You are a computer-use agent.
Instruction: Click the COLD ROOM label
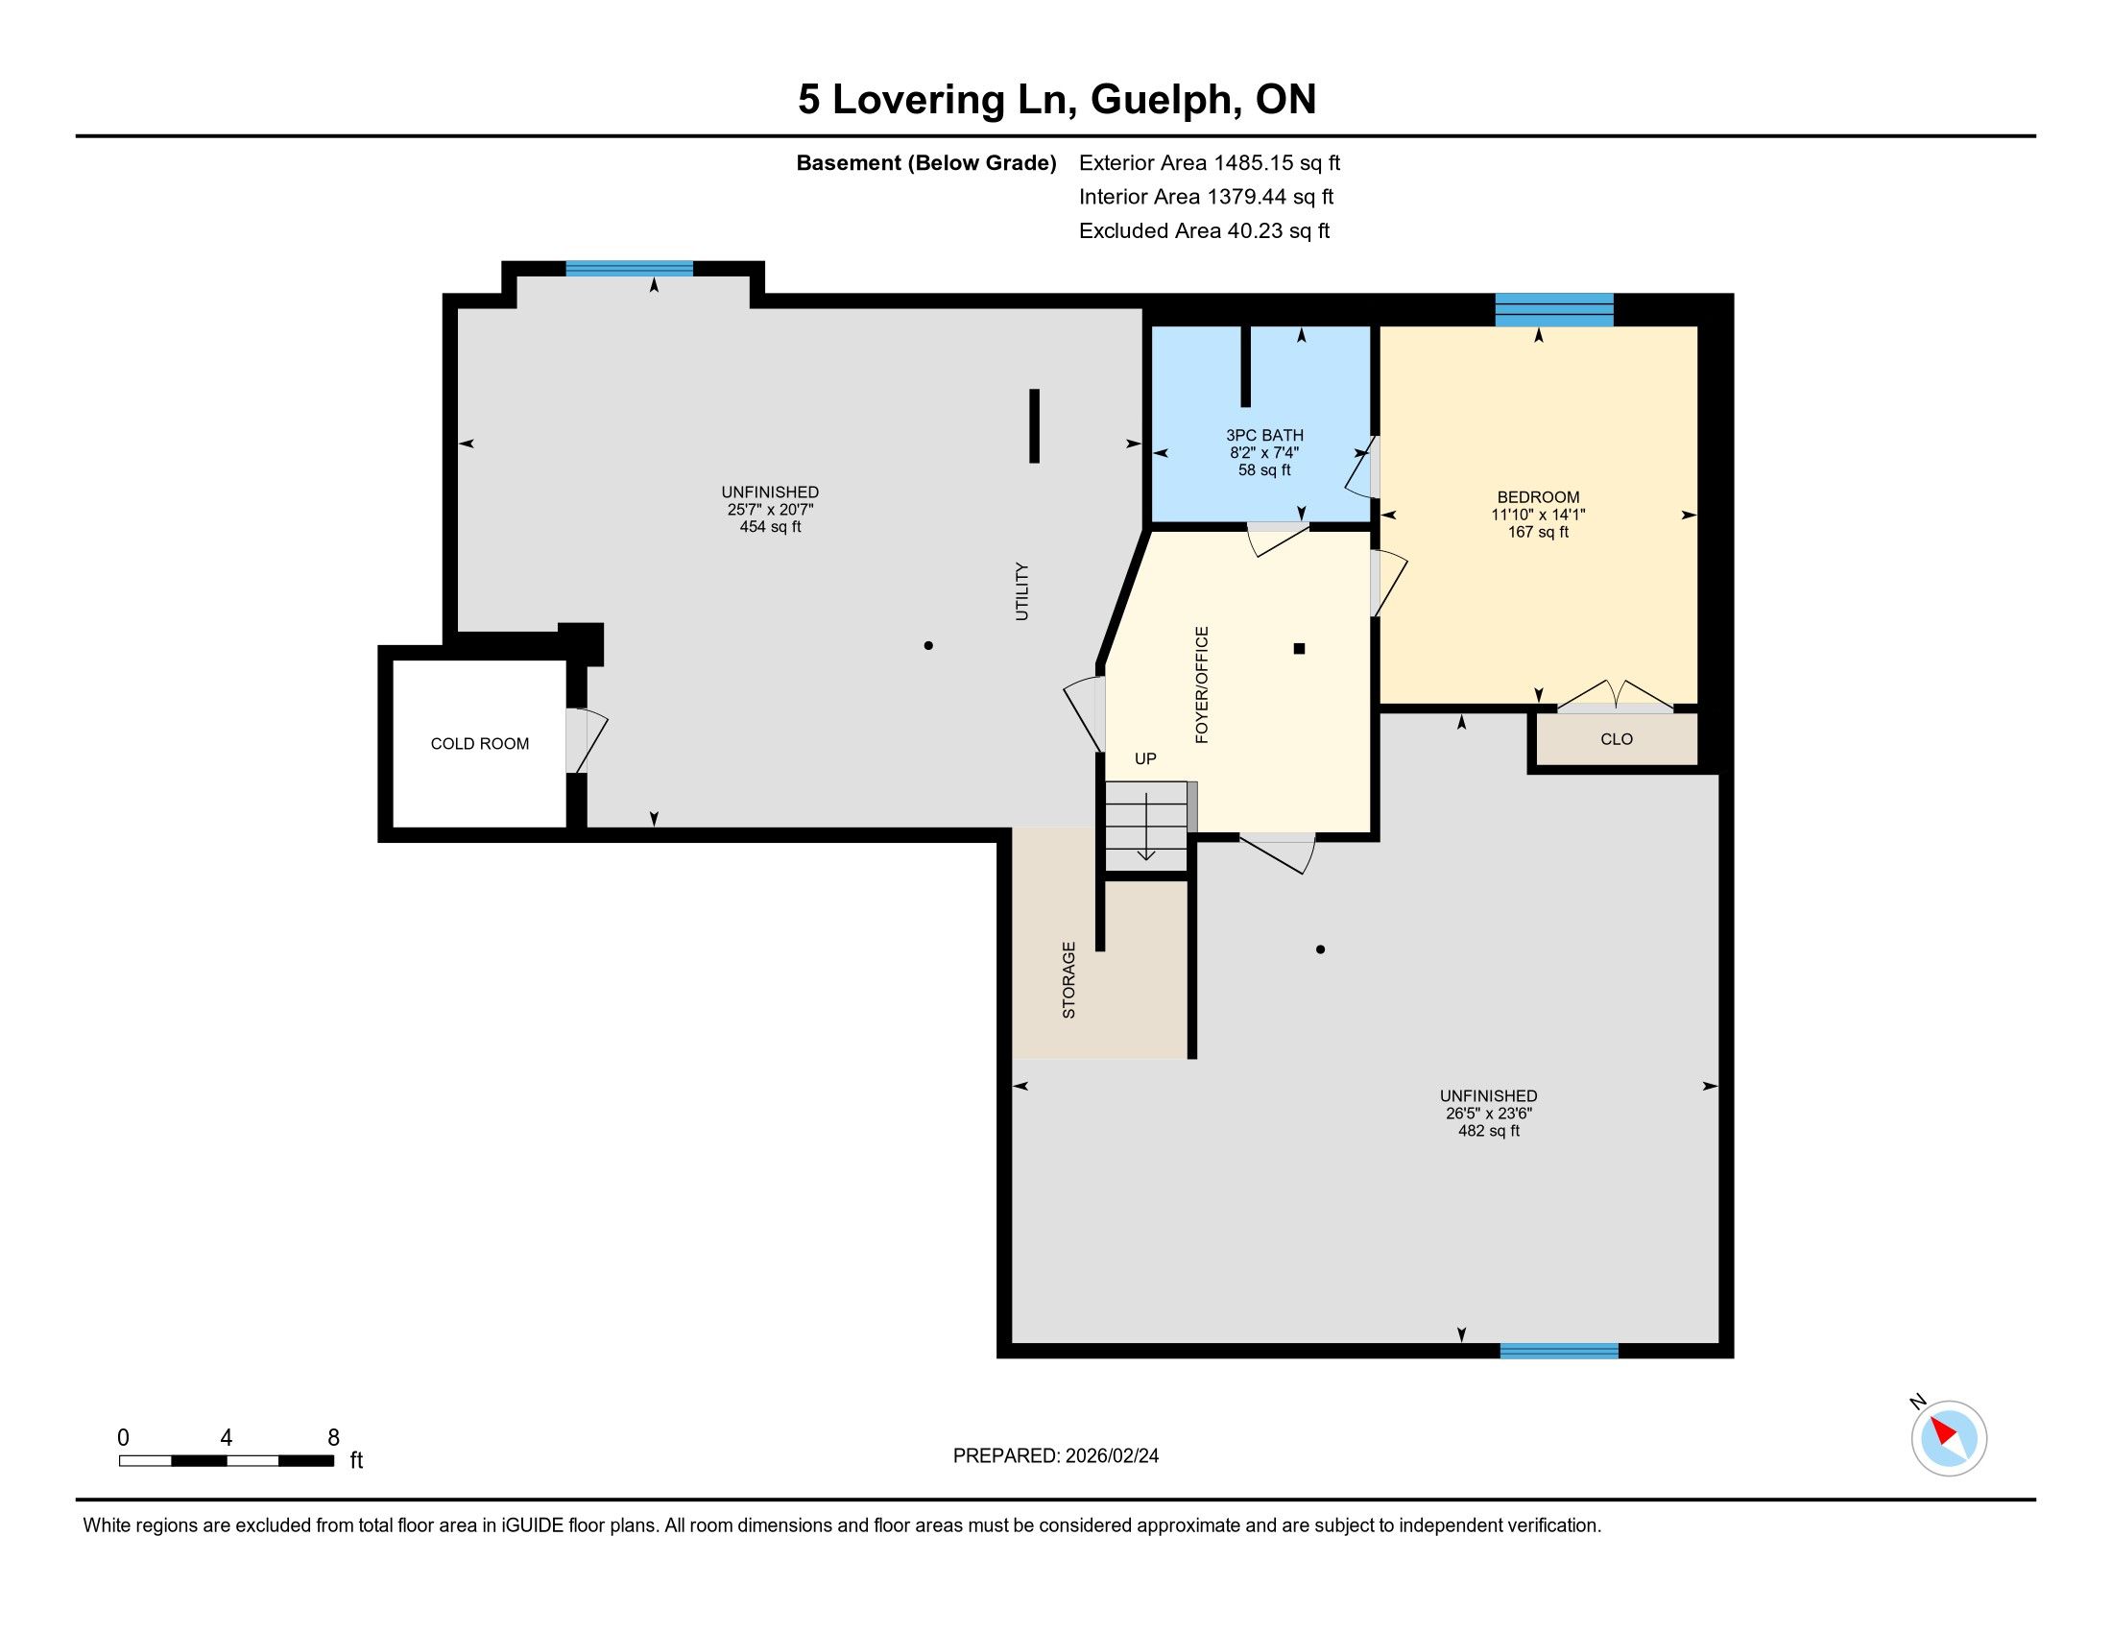tap(480, 743)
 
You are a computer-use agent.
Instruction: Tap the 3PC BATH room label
tap(1265, 435)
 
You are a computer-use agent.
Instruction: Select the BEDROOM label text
tap(1538, 497)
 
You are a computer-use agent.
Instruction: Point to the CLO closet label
tap(1617, 739)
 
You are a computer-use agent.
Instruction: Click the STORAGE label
tap(1068, 979)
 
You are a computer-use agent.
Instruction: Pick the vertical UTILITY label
tap(1021, 590)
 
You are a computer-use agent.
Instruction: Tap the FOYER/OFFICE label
tap(1202, 684)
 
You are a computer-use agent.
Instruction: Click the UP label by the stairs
tap(1145, 759)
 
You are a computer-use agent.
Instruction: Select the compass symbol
tap(1948, 1438)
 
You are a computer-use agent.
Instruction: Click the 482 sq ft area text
tap(1489, 1130)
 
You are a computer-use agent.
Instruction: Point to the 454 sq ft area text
tap(771, 527)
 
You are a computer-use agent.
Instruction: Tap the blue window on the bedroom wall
tap(1554, 309)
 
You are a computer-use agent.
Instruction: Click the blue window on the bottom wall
tap(1559, 1351)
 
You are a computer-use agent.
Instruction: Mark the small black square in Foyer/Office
tap(1300, 649)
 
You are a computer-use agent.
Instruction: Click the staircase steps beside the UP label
tap(1146, 826)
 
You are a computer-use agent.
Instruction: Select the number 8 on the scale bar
tap(334, 1438)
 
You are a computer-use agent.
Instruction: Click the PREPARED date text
tap(1056, 1456)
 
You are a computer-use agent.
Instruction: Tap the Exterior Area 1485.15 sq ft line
tap(1210, 162)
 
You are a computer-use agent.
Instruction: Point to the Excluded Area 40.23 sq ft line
tap(1205, 230)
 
